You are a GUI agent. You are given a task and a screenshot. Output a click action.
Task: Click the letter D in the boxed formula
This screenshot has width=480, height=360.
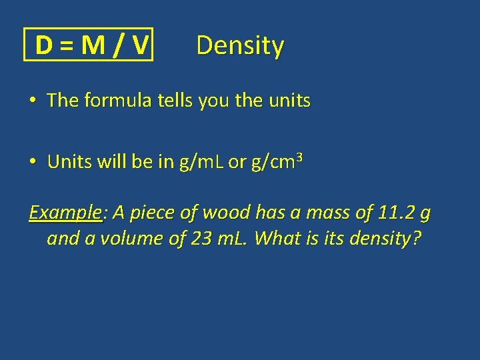(44, 45)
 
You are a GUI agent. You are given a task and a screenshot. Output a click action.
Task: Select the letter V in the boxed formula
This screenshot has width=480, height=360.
(139, 45)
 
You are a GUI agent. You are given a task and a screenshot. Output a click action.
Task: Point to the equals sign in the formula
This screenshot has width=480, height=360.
(66, 46)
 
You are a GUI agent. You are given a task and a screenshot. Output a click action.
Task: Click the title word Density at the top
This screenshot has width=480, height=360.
(240, 45)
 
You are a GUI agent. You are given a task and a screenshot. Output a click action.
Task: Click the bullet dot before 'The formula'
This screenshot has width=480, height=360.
(32, 101)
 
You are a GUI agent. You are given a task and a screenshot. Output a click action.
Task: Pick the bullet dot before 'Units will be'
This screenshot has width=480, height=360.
(32, 162)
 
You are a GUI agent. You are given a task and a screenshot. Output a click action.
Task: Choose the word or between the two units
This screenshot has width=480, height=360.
(237, 163)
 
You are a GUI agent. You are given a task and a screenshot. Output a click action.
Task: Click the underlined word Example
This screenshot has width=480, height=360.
(65, 213)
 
